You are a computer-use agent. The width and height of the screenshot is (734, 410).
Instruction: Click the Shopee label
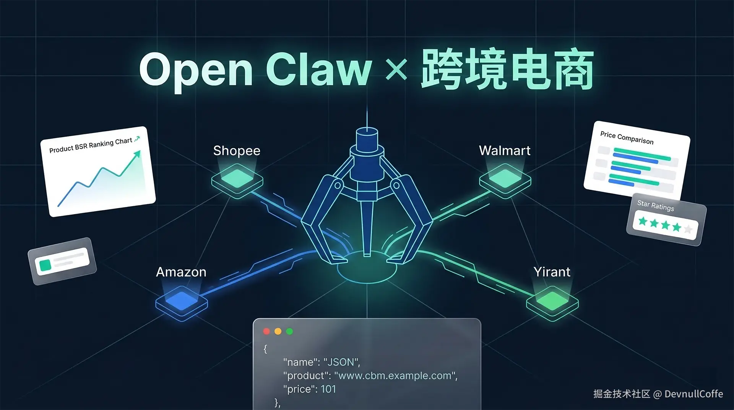point(237,151)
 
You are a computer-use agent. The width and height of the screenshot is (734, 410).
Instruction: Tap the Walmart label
point(505,150)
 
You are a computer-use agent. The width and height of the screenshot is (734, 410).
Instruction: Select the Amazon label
point(181,272)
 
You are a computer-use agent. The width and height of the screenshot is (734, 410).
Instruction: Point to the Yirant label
point(552,272)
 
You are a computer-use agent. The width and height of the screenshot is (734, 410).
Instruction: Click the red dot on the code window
point(266,331)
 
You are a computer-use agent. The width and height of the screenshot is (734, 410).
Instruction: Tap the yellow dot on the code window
point(278,331)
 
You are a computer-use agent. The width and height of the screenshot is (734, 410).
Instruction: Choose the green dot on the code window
point(289,331)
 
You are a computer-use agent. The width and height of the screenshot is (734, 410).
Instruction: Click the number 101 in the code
point(328,389)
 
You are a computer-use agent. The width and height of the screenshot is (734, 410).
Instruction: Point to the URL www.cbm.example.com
point(395,376)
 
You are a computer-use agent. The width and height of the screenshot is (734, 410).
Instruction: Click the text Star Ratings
point(656,205)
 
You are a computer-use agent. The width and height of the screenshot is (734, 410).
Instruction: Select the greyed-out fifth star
point(688,229)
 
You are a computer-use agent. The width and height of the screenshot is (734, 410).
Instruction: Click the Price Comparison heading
point(627,138)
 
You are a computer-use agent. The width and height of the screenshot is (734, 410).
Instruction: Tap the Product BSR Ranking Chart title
point(91,145)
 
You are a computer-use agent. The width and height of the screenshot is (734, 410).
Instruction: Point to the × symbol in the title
point(396,70)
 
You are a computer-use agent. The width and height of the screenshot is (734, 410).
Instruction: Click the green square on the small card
point(45,265)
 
